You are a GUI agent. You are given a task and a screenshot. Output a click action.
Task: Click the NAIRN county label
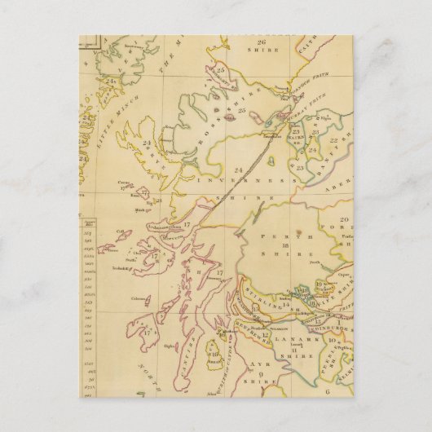tap(295, 139)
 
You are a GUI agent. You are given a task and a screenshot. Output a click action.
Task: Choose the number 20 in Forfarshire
tap(344, 220)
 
